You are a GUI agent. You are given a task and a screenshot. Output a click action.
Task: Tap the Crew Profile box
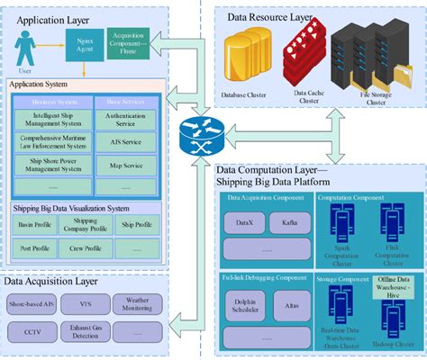coord(86,247)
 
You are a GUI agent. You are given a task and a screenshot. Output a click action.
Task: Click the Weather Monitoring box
coord(138,303)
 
